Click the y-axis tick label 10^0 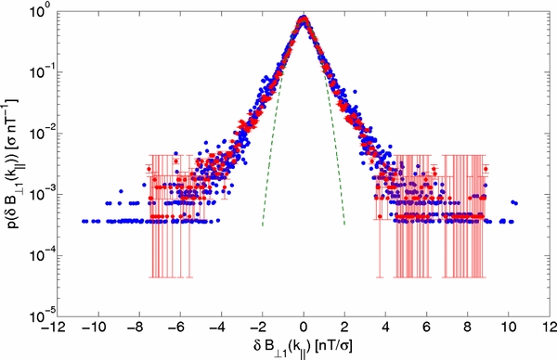pyautogui.click(x=42, y=10)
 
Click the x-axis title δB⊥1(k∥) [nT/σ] pyautogui.click(x=304, y=345)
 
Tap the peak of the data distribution pyautogui.click(x=304, y=18)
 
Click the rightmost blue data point pyautogui.click(x=515, y=203)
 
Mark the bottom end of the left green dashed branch pyautogui.click(x=263, y=225)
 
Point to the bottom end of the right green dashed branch pyautogui.click(x=345, y=225)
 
